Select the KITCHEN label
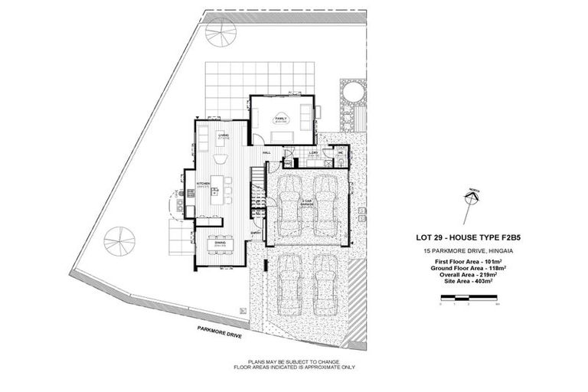tap(203, 184)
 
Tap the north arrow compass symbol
tap(472, 198)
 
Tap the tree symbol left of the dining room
tap(119, 240)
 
